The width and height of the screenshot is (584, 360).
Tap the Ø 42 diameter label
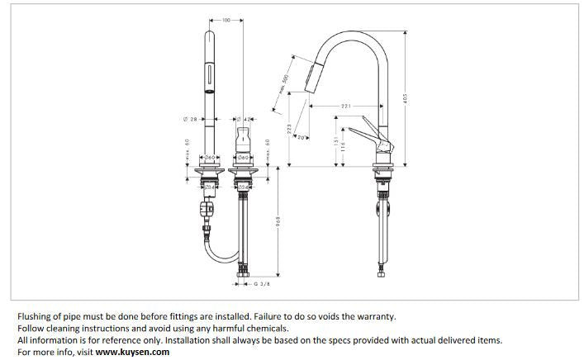click(x=247, y=121)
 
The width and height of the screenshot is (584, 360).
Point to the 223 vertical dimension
click(x=289, y=130)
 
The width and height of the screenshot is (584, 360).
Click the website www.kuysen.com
click(x=132, y=352)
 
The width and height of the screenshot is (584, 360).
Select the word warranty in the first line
click(x=375, y=315)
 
